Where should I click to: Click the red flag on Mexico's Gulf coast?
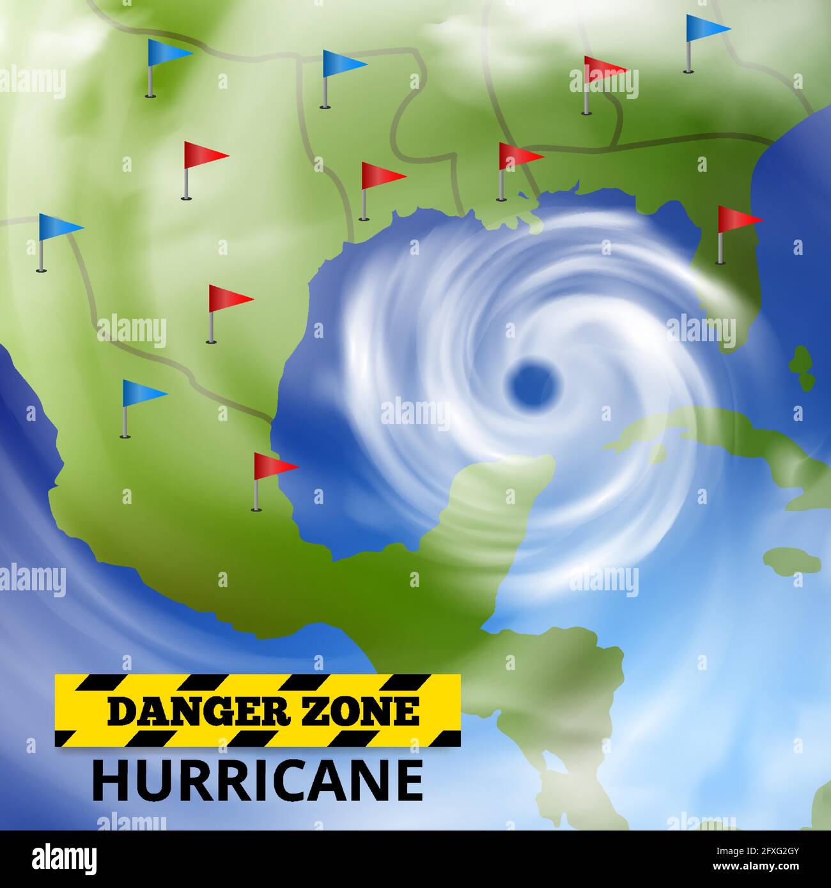(273, 466)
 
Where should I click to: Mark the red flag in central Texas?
(228, 298)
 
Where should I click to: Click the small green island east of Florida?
(802, 367)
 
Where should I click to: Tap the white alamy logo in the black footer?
(65, 857)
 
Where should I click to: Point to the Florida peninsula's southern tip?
(729, 342)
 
